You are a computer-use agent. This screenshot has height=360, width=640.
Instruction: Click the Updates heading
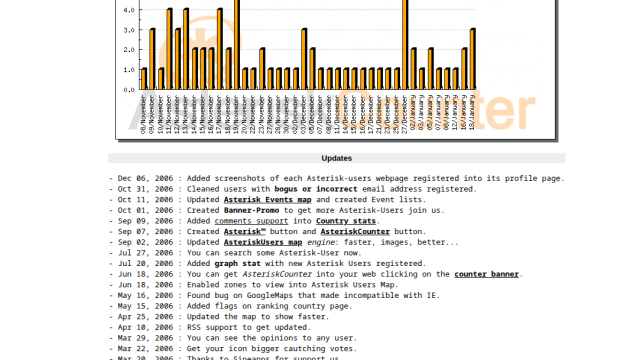[x=336, y=158]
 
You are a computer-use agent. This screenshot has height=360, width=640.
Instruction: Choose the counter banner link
[x=487, y=274]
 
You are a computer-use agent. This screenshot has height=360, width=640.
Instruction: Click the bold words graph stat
[x=256, y=263]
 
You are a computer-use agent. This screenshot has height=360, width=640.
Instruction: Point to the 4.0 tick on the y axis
[x=129, y=10]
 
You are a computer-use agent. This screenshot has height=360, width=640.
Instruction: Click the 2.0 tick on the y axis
[x=129, y=49]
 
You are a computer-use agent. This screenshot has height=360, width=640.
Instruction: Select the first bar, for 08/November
[x=144, y=79]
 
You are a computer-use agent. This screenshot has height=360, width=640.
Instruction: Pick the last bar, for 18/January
[x=472, y=59]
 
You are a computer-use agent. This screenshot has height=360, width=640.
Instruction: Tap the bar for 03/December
[x=304, y=59]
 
